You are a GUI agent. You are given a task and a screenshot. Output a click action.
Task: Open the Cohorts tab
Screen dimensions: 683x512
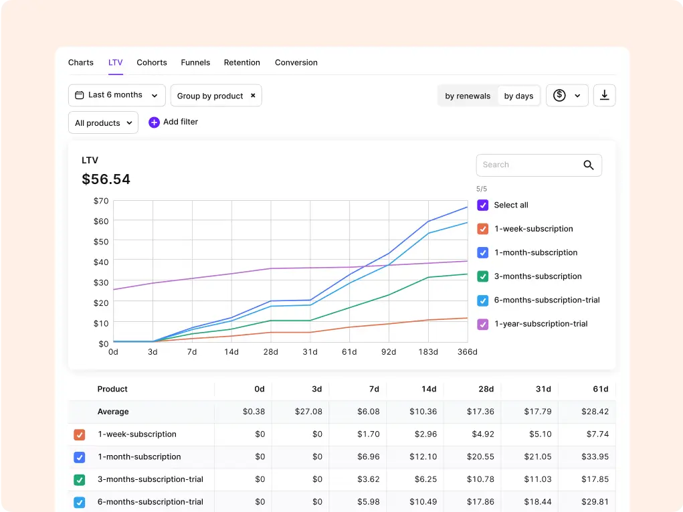coord(152,62)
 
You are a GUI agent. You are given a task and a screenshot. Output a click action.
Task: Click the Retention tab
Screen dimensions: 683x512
coord(241,62)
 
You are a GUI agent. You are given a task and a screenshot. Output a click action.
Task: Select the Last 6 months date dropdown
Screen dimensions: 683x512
coord(117,95)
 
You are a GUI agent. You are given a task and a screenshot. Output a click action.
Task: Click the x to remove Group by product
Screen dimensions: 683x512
coord(253,96)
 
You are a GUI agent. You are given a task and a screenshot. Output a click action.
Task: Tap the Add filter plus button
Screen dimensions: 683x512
coord(154,122)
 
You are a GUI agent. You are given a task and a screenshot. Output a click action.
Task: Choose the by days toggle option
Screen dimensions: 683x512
coord(518,96)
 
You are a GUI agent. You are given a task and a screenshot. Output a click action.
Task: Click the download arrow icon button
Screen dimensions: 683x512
coord(604,96)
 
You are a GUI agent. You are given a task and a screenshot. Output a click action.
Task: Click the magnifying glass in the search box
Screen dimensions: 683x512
coord(589,165)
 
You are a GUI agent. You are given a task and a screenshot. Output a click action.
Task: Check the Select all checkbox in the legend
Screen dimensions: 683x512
coord(482,205)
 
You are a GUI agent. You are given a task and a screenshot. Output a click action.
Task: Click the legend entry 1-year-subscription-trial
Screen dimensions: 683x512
coord(541,324)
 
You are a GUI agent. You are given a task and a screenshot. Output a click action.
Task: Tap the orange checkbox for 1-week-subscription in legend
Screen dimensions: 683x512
coord(482,229)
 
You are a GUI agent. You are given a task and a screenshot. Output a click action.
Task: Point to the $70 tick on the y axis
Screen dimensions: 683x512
coord(101,201)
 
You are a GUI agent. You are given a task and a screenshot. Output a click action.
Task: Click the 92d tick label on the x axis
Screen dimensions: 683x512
coord(389,351)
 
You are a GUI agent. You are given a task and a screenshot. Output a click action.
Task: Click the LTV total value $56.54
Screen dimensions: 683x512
coord(106,179)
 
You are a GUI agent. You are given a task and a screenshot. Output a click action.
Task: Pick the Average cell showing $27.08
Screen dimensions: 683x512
coord(308,412)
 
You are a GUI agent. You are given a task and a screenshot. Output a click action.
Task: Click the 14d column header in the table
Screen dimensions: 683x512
coord(429,389)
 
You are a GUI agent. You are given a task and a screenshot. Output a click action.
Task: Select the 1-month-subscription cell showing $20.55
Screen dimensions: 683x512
coord(480,456)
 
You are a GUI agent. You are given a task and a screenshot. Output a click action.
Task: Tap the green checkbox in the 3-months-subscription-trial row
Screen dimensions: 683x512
coord(80,480)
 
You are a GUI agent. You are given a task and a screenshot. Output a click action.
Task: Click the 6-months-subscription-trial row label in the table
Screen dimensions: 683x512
coord(151,501)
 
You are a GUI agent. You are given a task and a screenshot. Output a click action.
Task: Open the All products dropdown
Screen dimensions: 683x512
coord(103,122)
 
